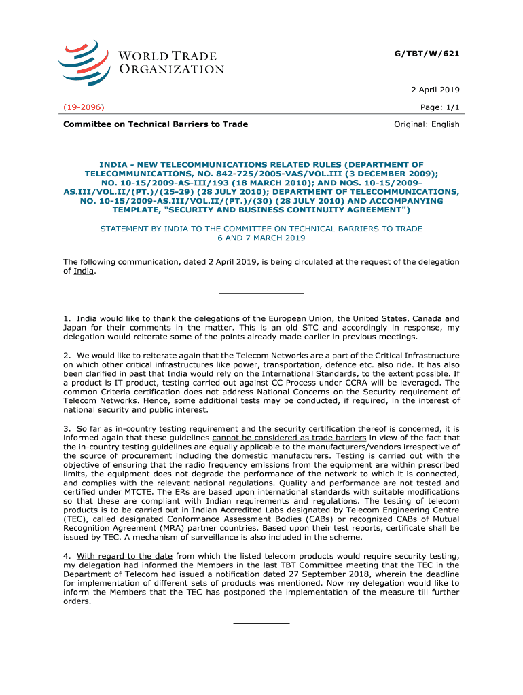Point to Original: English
tap(427, 124)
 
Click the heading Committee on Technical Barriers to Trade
tap(156, 124)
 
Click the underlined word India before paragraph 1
tap(84, 271)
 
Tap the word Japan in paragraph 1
tap(76, 328)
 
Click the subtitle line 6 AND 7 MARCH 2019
tap(261, 238)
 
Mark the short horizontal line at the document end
tap(261, 623)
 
